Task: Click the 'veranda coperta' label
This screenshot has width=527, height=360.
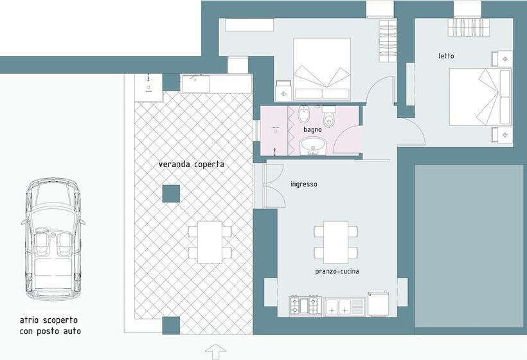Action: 192,165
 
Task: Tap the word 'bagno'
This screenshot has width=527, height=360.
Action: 313,130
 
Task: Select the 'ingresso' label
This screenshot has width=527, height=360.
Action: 303,184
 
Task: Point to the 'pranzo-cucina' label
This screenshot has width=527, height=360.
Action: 337,271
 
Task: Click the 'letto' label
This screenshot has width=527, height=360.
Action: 446,56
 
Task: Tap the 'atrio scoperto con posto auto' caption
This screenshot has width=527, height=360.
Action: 50,326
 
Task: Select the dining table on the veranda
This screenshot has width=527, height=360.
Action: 210,242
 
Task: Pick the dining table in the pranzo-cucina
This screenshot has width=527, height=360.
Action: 335,241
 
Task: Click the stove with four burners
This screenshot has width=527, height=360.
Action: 305,305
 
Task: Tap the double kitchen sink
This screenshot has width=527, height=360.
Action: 344,306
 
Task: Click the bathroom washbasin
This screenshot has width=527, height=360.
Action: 312,147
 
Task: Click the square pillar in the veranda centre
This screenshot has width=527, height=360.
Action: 171,194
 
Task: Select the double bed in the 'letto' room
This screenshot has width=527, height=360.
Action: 479,97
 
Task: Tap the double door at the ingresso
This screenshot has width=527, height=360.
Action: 271,186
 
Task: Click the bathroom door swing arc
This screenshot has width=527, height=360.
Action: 348,139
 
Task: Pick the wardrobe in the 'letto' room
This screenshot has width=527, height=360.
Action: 469,27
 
